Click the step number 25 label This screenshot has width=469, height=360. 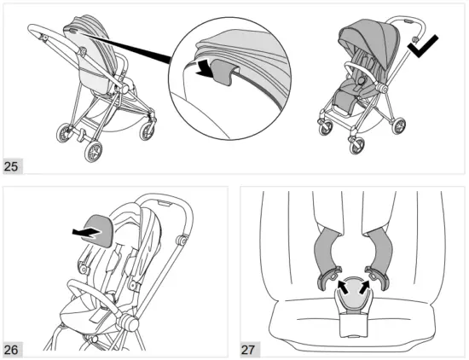13,166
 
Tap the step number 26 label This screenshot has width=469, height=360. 13,349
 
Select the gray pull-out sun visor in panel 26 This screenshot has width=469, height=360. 99,230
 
